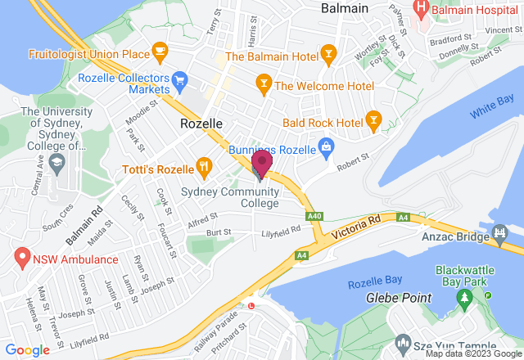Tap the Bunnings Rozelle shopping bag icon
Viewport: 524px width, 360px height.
click(x=327, y=147)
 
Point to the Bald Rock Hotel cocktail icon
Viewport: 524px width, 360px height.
click(x=373, y=122)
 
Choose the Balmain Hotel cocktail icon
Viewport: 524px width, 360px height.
click(x=328, y=56)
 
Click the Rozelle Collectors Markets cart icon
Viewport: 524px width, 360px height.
click(x=181, y=79)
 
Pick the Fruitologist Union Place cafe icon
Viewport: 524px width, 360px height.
click(x=159, y=54)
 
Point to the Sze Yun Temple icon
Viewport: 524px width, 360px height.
click(x=402, y=341)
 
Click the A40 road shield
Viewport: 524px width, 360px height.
click(x=314, y=216)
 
